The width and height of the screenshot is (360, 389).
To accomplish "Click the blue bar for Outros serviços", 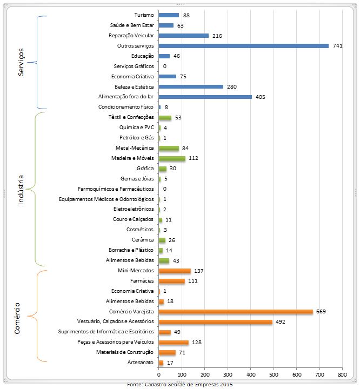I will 243,46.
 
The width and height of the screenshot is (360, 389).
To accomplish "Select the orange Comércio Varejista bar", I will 236,312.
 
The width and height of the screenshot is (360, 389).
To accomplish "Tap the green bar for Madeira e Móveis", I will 172,158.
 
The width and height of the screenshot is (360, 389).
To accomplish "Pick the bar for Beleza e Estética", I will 191,86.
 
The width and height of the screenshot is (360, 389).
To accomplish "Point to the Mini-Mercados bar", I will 175,271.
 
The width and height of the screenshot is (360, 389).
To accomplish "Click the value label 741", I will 338,46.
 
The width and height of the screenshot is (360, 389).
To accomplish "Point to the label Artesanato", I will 141,363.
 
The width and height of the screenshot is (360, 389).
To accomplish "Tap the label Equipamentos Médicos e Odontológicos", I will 107,199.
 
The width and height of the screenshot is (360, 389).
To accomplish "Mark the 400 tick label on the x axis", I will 250,374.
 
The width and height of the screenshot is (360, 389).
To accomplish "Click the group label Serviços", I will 21,62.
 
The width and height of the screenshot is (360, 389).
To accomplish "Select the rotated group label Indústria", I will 21,189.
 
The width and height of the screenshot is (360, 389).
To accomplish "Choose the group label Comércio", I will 17,318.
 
